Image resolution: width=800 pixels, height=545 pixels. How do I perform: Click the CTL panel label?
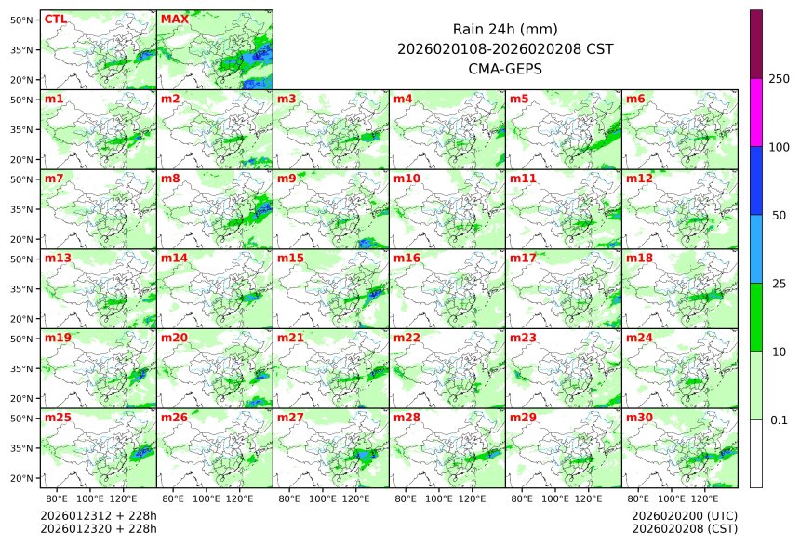tap(55, 19)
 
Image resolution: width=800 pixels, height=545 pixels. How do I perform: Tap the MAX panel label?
tap(174, 19)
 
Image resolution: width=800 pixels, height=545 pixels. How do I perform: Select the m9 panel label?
tap(287, 178)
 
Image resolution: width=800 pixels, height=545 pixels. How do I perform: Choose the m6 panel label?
tap(635, 99)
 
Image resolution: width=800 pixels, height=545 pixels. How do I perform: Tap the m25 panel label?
tap(58, 418)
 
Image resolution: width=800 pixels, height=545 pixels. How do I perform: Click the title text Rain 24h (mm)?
tap(504, 29)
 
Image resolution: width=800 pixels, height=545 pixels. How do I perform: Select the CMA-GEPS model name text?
tap(504, 68)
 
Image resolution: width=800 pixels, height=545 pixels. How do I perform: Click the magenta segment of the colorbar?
tap(756, 112)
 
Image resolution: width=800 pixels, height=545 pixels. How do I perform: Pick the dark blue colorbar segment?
tap(756, 180)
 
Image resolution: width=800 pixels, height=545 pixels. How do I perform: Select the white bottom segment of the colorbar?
tap(756, 453)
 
